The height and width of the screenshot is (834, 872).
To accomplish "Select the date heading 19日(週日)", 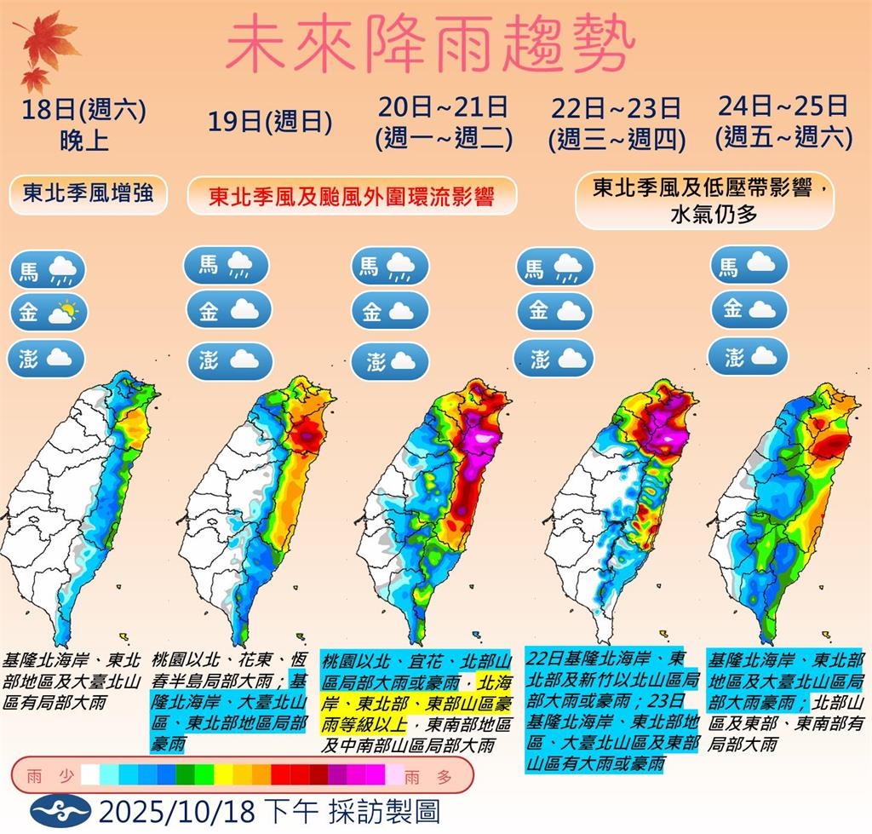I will tap(269, 123).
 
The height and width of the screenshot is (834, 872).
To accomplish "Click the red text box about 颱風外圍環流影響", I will tap(352, 196).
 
